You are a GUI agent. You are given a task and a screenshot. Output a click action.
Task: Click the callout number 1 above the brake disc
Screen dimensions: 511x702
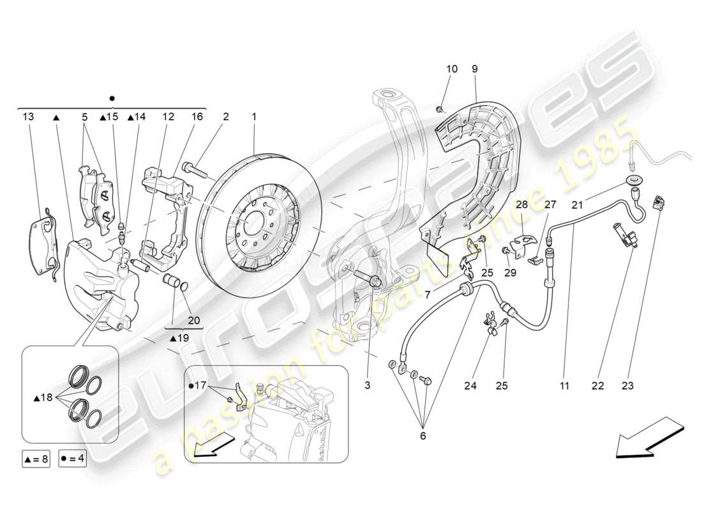click(254, 117)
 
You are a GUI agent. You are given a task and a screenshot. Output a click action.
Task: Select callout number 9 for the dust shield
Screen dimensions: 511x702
click(475, 69)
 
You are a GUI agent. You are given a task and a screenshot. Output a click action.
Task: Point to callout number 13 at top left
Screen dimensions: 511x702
click(28, 117)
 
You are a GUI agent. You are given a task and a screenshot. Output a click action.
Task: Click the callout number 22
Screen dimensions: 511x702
click(597, 386)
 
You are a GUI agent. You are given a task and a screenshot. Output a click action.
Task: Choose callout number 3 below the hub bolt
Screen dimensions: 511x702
click(368, 386)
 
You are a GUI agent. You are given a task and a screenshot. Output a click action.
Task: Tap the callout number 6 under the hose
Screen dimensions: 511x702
click(422, 436)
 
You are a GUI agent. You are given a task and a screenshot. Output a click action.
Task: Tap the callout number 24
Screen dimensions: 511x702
click(470, 386)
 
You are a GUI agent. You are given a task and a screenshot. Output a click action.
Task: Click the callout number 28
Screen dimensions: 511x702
click(522, 204)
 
